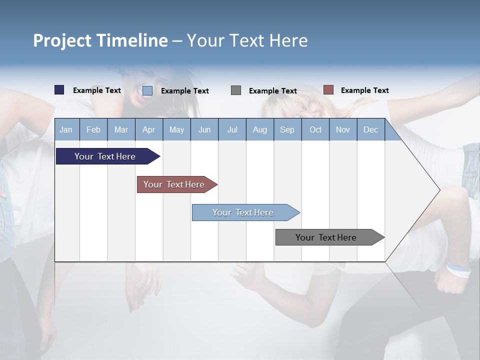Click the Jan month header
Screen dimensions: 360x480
(x=66, y=130)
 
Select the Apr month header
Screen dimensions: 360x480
(x=148, y=130)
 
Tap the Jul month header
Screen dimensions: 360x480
(x=232, y=130)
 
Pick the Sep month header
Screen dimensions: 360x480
(x=287, y=130)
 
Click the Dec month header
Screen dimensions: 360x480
(x=370, y=130)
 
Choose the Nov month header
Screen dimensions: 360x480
(x=342, y=130)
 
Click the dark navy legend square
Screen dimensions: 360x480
(x=59, y=90)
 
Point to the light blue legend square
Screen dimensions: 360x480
(x=147, y=90)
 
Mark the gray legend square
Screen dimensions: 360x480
(x=236, y=90)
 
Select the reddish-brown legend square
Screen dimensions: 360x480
(x=328, y=90)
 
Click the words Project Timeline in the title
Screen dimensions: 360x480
(x=100, y=40)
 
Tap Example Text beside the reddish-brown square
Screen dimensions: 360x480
(x=364, y=90)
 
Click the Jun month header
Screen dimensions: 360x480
(x=204, y=130)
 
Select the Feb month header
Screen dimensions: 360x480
(x=93, y=130)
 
